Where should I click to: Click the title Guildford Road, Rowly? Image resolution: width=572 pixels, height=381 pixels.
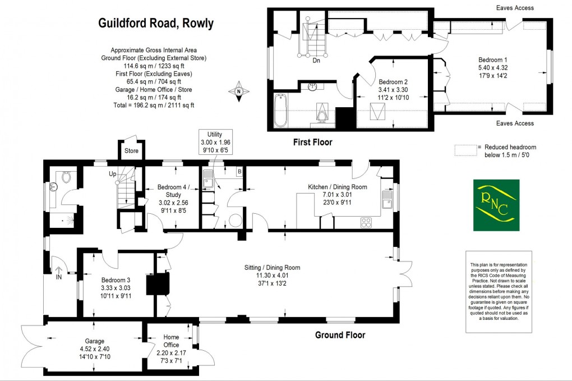156,24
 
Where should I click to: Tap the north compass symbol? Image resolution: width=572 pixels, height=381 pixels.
239,91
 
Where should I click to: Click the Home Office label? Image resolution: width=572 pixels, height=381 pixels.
171,341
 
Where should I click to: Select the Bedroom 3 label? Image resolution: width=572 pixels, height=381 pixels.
116,281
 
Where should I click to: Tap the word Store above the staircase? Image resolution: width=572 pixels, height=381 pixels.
131,151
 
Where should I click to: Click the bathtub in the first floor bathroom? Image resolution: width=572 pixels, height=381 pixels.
280,110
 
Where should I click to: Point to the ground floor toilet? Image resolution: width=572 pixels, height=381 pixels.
67,177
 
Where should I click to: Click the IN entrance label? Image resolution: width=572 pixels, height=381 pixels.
59,276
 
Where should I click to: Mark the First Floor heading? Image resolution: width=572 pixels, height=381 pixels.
312,143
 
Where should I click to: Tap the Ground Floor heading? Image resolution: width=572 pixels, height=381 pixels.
340,335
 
